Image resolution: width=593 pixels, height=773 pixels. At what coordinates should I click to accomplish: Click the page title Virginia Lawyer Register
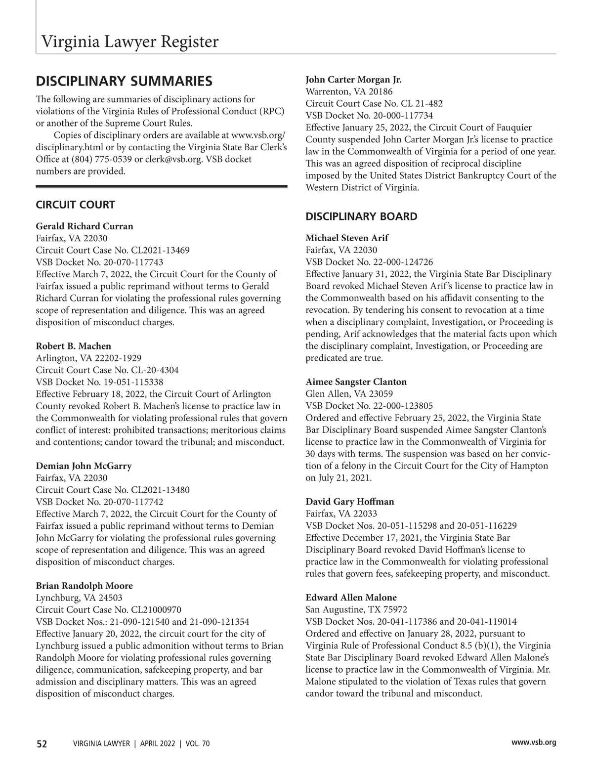tap(129, 42)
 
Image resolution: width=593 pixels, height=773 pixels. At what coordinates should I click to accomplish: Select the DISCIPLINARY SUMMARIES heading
tap(124, 81)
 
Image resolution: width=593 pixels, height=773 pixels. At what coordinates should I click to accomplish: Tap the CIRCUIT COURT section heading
tap(75, 205)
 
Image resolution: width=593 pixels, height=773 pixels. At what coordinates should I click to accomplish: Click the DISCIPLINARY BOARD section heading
tap(361, 216)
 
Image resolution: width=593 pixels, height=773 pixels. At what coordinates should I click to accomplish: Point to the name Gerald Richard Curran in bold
tap(85, 226)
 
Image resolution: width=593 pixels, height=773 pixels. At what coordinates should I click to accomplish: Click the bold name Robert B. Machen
tap(73, 346)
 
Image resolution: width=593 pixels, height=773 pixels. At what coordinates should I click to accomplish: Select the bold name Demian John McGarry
tap(84, 466)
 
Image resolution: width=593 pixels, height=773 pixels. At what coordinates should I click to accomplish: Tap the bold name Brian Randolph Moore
tap(84, 586)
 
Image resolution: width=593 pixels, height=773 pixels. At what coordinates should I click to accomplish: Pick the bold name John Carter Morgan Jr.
tap(353, 80)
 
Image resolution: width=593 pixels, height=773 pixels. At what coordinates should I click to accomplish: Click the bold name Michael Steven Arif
tap(347, 238)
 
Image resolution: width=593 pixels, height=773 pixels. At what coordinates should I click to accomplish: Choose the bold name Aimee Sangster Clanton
tap(356, 382)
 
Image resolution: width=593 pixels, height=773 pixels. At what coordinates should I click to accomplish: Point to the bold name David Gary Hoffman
tap(350, 502)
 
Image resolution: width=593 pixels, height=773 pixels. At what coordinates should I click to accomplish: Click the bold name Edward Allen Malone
tap(351, 598)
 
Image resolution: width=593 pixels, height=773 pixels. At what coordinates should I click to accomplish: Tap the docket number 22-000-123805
tap(405, 406)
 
